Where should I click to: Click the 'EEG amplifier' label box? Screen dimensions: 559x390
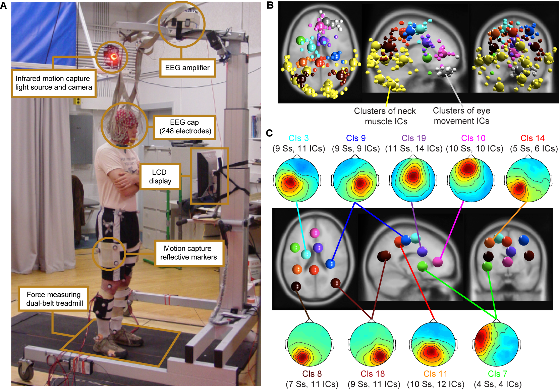[187, 68]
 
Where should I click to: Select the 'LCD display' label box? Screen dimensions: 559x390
[160, 176]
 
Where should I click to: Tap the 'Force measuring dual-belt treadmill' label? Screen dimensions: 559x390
[53, 299]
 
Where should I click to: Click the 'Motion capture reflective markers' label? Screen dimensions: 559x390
[188, 253]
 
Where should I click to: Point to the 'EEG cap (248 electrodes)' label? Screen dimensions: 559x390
[184, 127]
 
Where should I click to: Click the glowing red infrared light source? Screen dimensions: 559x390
[112, 56]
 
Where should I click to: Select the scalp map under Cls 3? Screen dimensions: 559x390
[297, 180]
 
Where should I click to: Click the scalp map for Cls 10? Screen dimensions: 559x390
[471, 179]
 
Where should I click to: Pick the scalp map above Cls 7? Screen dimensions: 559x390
[497, 344]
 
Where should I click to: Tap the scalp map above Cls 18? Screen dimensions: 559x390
[372, 344]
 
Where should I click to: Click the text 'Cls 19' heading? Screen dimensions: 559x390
[413, 138]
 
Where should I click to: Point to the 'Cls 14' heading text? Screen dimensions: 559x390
[533, 138]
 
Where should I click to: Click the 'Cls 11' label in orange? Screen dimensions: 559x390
[435, 374]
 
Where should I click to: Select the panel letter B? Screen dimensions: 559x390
[270, 5]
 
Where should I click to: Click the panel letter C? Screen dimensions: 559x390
[269, 133]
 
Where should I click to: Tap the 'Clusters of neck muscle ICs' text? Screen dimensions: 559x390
[385, 116]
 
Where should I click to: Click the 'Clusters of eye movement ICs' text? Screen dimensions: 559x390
[461, 116]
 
